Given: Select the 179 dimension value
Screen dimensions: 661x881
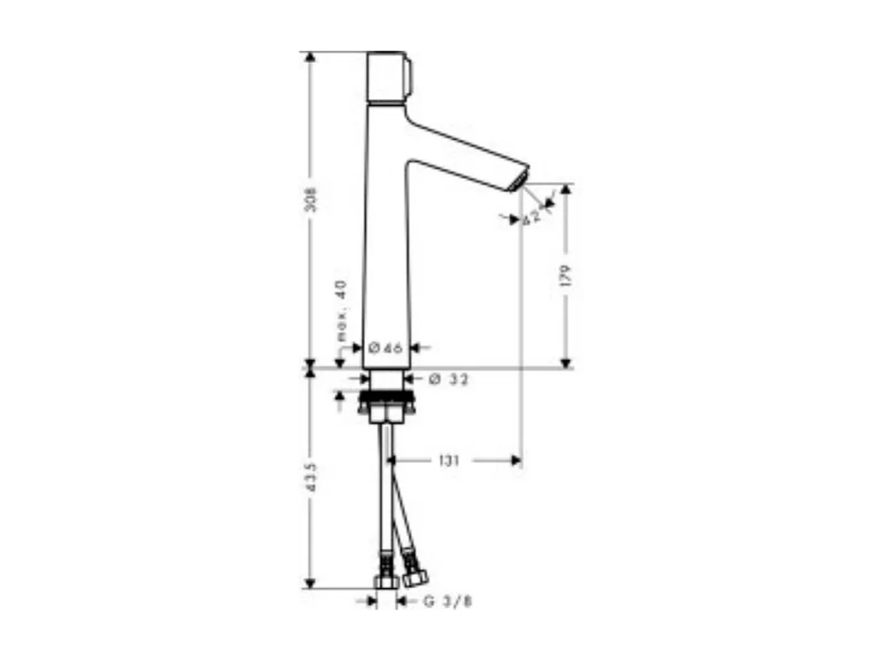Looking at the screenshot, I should pos(566,276).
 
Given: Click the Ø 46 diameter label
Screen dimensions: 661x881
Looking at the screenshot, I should pos(385,348).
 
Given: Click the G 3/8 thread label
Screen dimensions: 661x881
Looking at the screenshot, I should pos(447,601).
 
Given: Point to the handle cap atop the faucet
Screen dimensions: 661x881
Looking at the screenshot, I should pos(386,77).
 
